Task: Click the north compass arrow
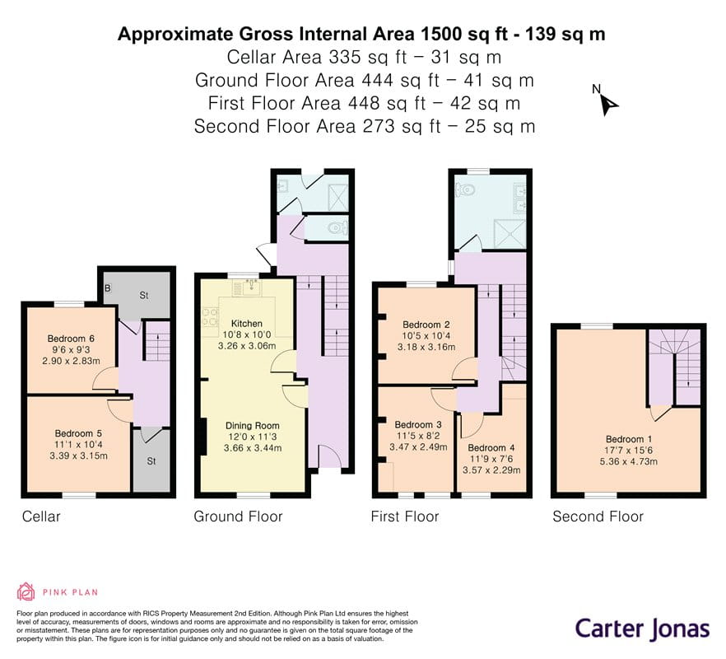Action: click(608, 103)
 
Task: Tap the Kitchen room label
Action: click(246, 323)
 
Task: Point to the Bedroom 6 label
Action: click(70, 339)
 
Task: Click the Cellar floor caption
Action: click(41, 516)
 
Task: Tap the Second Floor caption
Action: click(598, 516)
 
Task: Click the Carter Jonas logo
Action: click(641, 629)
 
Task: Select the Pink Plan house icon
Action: click(26, 591)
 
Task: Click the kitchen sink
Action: click(246, 287)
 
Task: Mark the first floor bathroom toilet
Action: click(467, 189)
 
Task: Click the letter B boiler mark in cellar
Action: click(108, 287)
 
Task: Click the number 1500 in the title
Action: click(444, 34)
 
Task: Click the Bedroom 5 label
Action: click(78, 432)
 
